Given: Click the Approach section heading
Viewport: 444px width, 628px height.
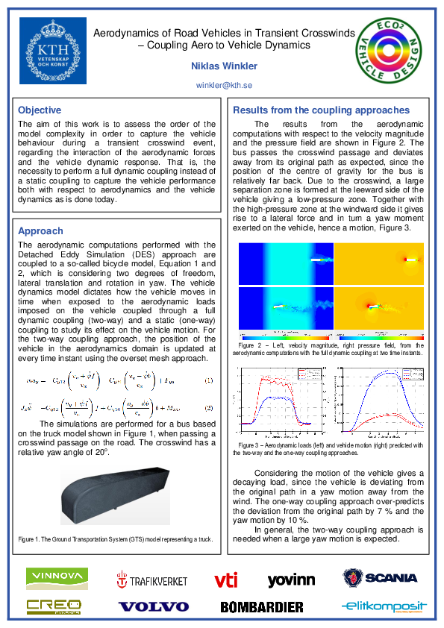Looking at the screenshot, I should (x=40, y=231).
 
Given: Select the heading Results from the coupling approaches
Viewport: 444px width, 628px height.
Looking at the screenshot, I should (x=322, y=110).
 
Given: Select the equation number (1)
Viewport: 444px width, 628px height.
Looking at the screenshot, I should (x=209, y=381).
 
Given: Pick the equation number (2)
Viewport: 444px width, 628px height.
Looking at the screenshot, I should (x=209, y=408).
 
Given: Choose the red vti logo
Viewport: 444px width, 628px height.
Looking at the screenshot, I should (x=225, y=579).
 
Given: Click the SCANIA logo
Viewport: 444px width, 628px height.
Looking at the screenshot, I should (x=381, y=578).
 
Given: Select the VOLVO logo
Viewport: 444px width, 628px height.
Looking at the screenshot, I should (x=154, y=606).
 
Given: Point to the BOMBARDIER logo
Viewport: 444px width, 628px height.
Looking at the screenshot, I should (x=262, y=607).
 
